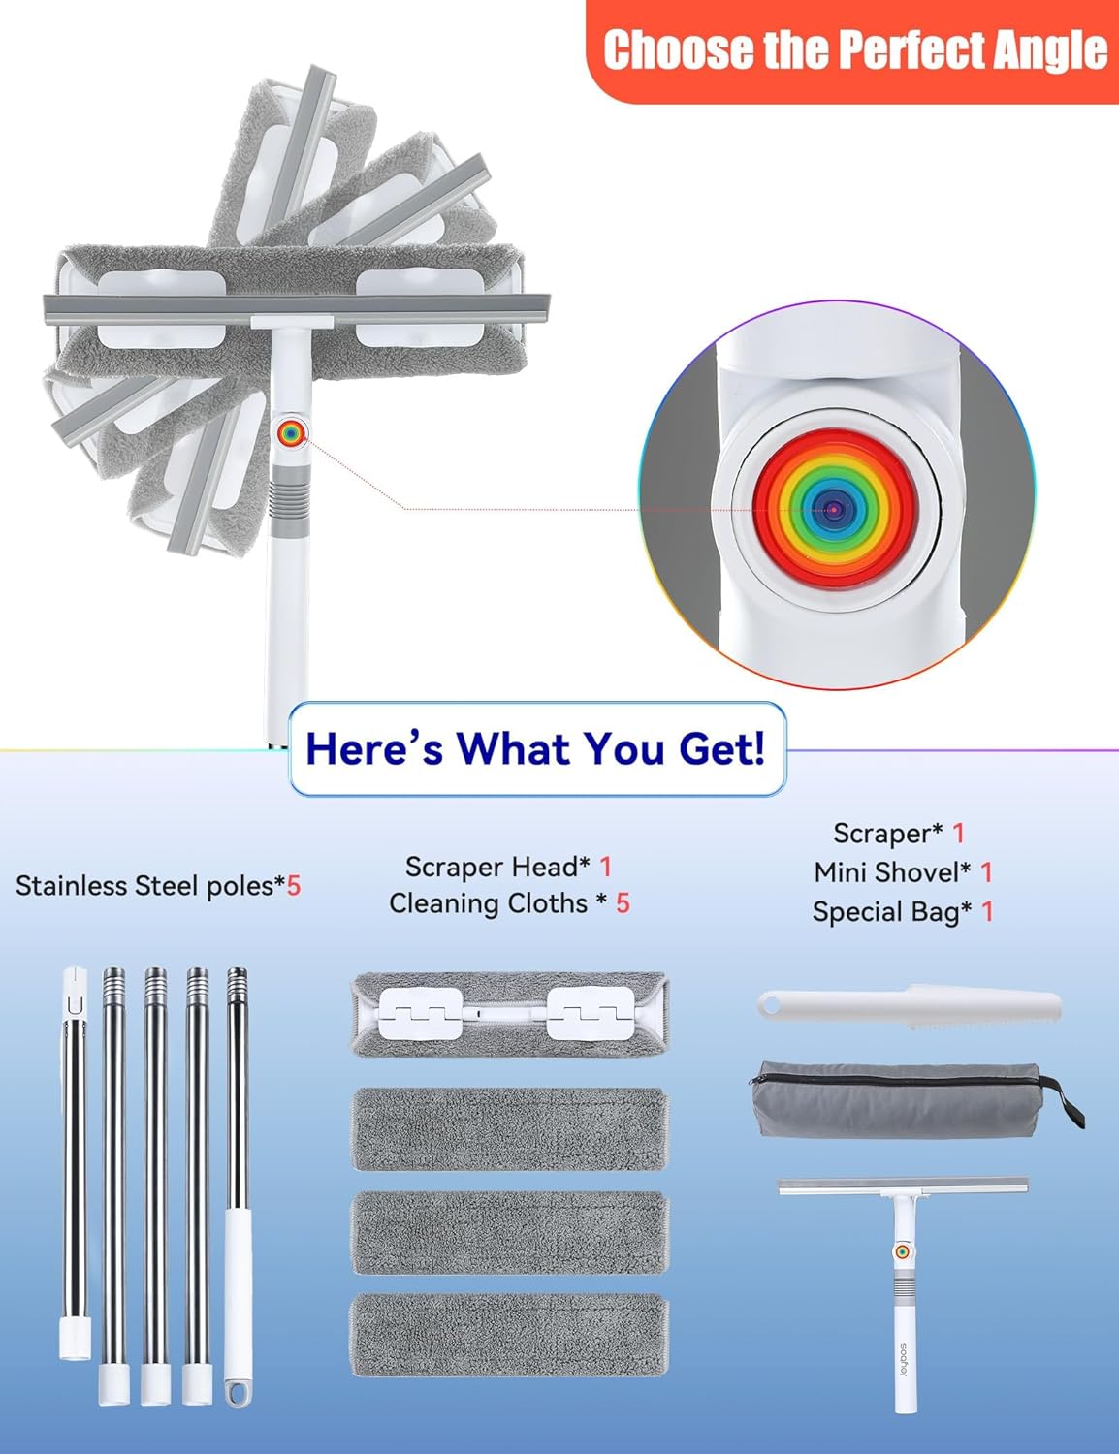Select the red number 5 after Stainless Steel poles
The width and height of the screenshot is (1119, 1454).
(x=293, y=886)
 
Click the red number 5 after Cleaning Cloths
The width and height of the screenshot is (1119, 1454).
(x=623, y=903)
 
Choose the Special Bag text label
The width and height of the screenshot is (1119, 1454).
(x=892, y=911)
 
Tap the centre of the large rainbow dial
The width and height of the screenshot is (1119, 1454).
(x=834, y=509)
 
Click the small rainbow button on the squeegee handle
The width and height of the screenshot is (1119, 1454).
(x=291, y=433)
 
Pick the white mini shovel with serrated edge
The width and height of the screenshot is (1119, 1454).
(x=910, y=1006)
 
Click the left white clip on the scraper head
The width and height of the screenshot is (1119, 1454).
(x=420, y=1014)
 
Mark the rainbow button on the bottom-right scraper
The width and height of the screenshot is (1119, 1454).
(x=902, y=1252)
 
